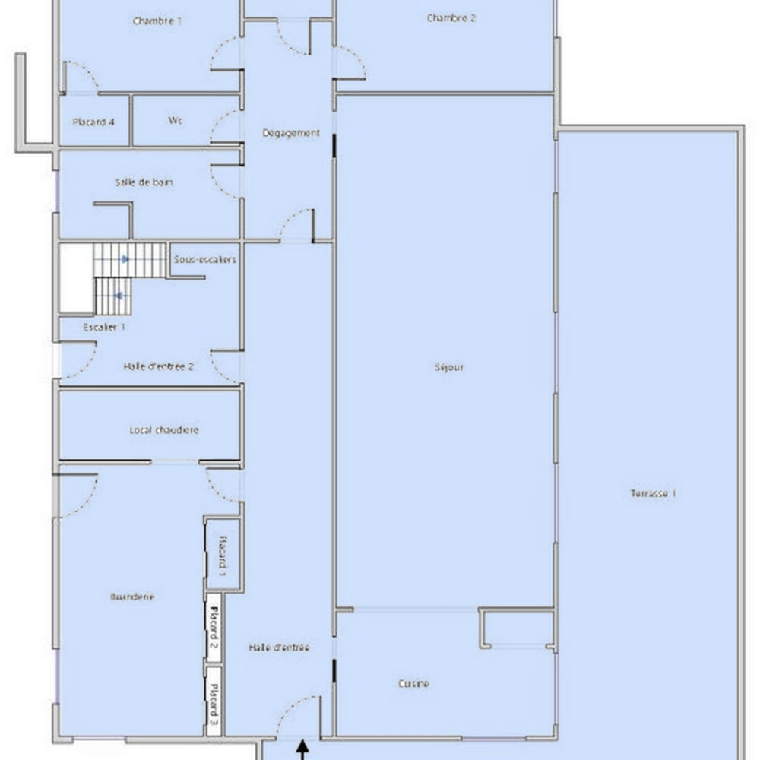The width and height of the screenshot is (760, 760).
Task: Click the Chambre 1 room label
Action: tap(157, 21)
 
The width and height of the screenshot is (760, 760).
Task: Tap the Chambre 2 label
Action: tap(451, 18)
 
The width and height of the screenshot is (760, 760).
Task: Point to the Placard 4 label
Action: tap(93, 122)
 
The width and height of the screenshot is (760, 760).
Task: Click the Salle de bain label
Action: tap(144, 182)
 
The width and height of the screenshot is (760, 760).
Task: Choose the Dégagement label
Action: tap(291, 133)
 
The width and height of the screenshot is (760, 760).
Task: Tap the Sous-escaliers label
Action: tap(204, 260)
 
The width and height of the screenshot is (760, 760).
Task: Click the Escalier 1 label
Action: tap(104, 327)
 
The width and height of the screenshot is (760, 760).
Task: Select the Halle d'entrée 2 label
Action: tap(158, 366)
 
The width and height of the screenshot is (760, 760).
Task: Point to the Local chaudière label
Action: tap(164, 430)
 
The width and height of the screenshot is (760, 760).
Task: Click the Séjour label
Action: tap(449, 367)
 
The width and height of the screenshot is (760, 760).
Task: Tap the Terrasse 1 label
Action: tap(654, 493)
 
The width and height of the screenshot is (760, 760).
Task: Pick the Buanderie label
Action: tap(132, 597)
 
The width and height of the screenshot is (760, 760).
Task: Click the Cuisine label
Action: tap(413, 683)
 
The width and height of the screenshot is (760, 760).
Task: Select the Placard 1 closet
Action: tap(223, 555)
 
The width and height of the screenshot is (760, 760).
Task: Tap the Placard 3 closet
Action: tap(214, 701)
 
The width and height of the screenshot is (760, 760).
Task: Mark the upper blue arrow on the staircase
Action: tap(123, 260)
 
